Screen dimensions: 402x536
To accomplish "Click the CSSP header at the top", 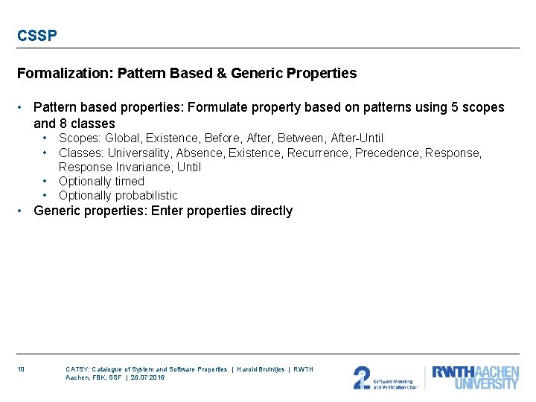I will coord(37,36).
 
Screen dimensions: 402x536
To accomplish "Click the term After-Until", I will coord(357,138).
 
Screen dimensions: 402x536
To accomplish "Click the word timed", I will coord(130,181).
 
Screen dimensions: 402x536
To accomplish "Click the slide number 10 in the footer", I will coord(21,369).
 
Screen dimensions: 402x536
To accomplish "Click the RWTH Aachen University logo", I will coord(474,377).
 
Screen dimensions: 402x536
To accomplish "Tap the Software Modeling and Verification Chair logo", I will coord(385,377).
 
